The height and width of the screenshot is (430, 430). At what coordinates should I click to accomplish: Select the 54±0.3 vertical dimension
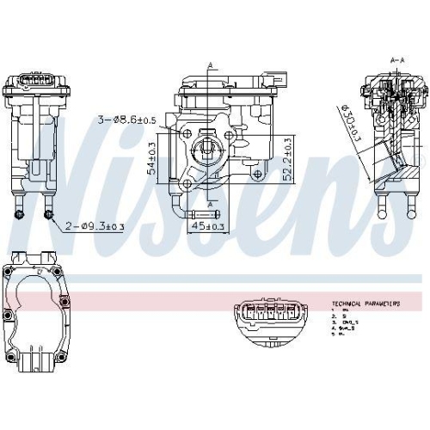click(x=152, y=159)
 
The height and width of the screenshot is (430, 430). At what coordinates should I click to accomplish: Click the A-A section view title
click(x=398, y=60)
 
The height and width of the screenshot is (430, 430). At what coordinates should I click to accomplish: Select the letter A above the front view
click(x=209, y=64)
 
